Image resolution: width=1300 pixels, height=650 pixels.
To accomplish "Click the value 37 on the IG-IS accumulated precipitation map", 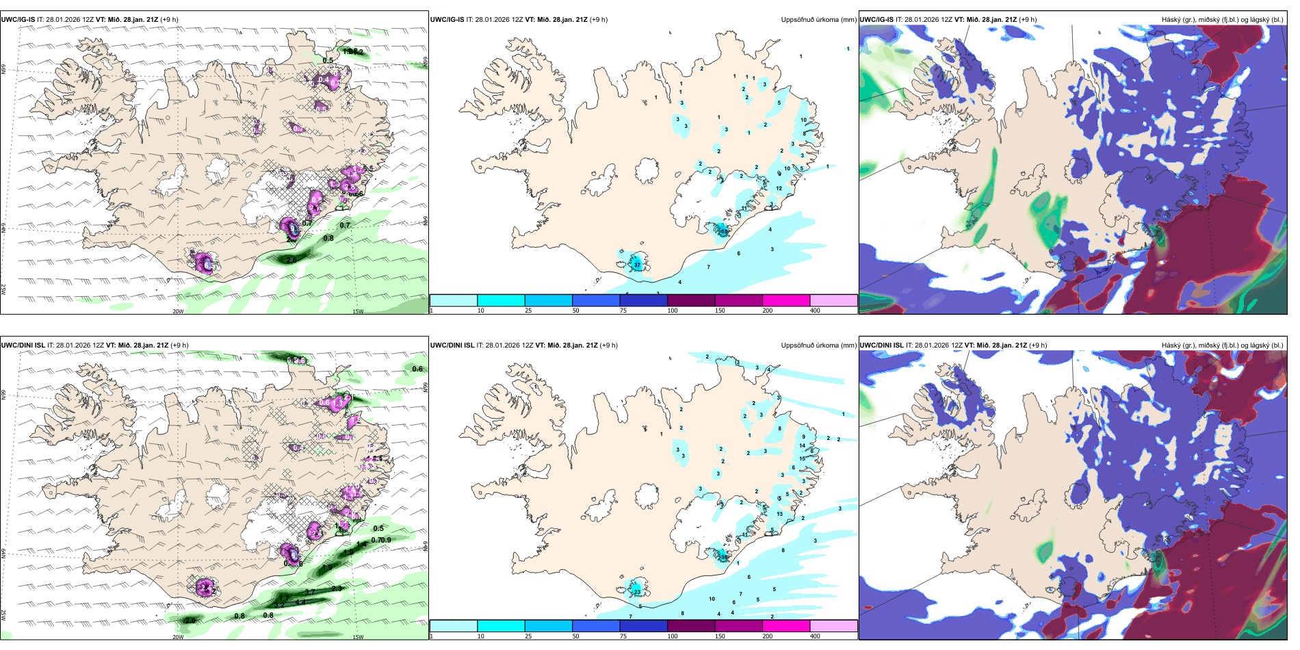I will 637,265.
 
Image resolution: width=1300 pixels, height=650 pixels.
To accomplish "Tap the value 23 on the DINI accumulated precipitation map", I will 637,592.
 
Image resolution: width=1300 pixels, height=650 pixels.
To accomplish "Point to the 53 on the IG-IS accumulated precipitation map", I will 723,232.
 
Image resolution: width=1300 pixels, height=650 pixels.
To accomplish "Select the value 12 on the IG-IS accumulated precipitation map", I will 779,188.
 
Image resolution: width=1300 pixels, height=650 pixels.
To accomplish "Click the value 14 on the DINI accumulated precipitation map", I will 802,445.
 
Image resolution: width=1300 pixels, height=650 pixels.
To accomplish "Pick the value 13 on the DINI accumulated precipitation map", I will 779,514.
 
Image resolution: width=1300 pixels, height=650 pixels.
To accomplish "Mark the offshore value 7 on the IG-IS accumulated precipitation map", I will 708,267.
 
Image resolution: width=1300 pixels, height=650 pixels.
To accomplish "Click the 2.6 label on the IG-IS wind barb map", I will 291,260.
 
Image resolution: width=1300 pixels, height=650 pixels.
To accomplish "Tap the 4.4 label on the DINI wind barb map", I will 300,602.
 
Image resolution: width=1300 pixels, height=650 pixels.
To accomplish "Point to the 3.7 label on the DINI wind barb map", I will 309,593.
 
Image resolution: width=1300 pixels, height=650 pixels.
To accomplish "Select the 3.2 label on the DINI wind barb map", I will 279,605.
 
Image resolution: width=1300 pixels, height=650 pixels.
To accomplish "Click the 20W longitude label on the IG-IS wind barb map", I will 178,311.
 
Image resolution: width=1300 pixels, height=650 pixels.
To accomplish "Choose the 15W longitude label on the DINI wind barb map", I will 357,637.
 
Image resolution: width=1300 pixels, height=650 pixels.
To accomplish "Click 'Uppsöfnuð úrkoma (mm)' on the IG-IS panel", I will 818,20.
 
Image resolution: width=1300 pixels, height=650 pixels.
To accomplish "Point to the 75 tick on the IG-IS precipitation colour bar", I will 623,311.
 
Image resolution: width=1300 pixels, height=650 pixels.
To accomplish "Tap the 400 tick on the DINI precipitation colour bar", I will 815,636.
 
